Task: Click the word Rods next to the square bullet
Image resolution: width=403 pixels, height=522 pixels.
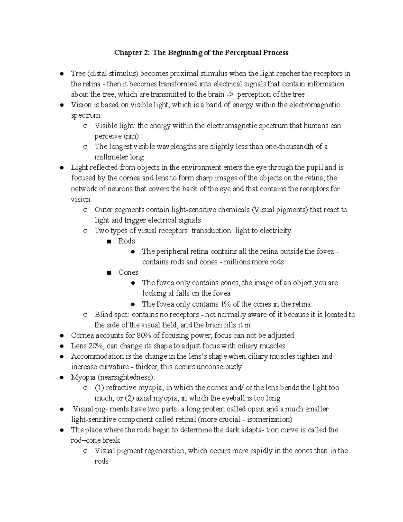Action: click(x=127, y=241)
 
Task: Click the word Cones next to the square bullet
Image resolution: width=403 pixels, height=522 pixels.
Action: click(x=128, y=272)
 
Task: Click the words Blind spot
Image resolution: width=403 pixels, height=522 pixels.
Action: click(x=112, y=315)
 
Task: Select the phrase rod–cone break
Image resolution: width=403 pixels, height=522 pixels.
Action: click(x=95, y=440)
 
